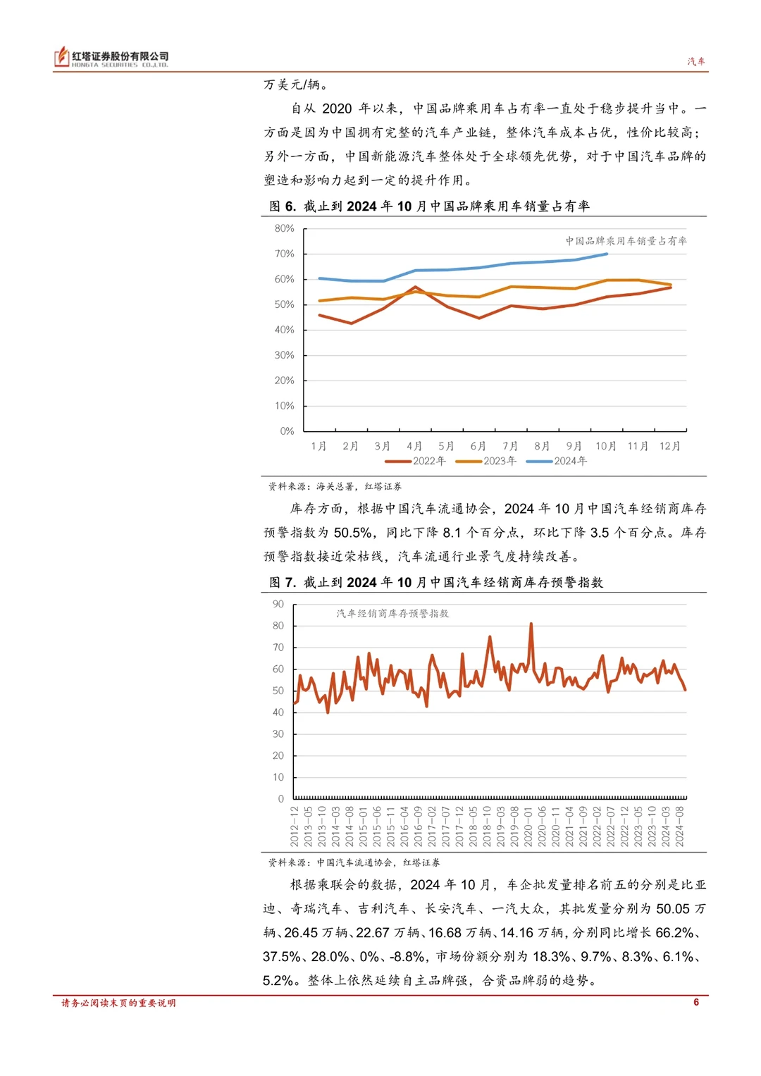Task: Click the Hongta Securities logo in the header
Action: point(111,58)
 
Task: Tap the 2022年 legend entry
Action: point(416,461)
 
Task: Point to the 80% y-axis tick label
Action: point(285,228)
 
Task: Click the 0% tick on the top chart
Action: point(287,431)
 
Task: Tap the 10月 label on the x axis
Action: point(606,446)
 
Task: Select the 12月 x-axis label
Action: point(670,446)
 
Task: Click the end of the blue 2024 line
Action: point(607,254)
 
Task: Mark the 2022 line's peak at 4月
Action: point(415,287)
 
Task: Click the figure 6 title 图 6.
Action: point(283,206)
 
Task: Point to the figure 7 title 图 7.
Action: point(283,583)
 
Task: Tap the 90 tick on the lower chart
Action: point(278,604)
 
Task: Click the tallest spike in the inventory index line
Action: point(531,624)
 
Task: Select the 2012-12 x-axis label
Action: point(295,827)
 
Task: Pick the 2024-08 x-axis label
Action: point(680,827)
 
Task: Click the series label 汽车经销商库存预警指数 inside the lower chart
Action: point(392,614)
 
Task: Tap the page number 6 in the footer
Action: point(696,1002)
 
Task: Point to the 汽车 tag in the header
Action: point(696,61)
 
